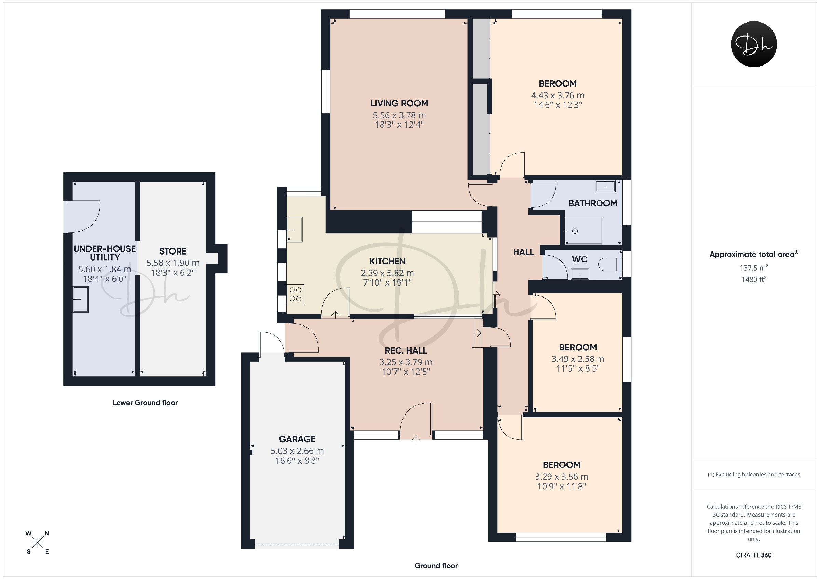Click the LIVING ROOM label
[399, 103]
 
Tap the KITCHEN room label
[387, 261]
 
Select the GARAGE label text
[297, 439]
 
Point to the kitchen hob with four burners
[295, 294]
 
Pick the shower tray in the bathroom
[584, 231]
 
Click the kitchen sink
[295, 229]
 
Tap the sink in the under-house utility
[81, 299]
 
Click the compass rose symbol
[38, 542]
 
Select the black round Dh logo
[754, 44]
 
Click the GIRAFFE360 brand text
[754, 555]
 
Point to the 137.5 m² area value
[754, 267]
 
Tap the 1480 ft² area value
[754, 279]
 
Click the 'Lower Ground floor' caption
[145, 403]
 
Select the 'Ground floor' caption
[436, 566]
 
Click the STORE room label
[173, 251]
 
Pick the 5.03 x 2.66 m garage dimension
[297, 451]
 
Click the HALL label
[523, 252]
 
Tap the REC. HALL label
[406, 351]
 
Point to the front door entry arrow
[416, 439]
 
